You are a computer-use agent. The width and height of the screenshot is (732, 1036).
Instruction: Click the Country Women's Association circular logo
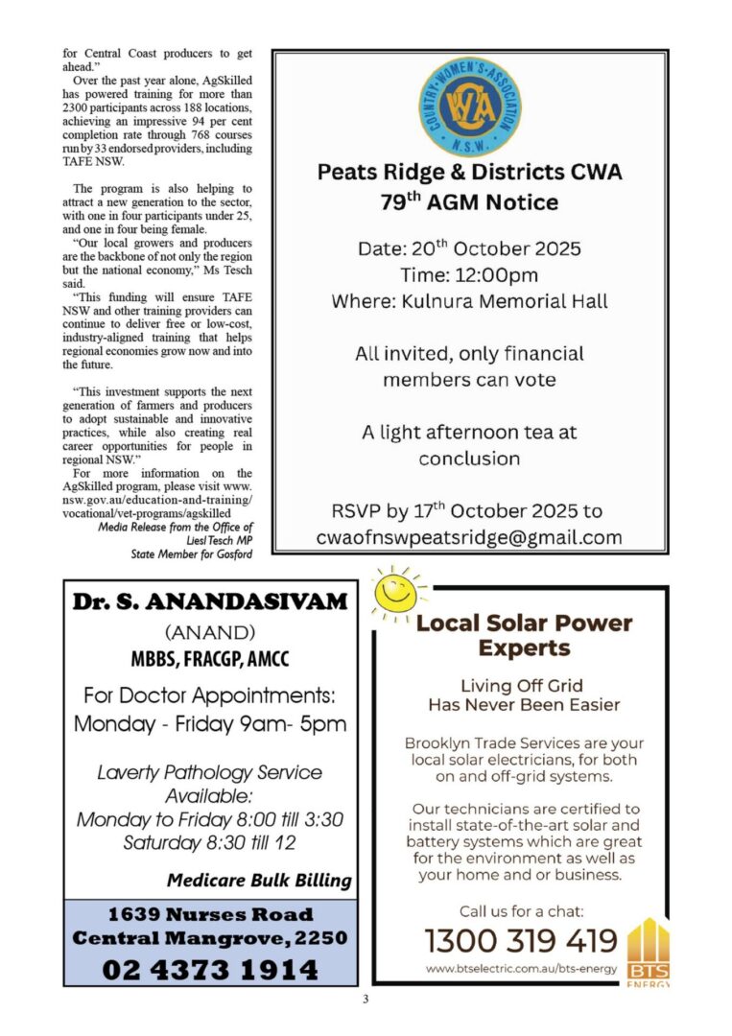470,106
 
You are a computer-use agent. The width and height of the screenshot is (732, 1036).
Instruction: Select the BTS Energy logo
648,954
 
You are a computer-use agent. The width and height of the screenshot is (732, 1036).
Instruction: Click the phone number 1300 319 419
521,939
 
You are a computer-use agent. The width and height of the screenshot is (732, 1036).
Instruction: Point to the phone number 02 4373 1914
210,969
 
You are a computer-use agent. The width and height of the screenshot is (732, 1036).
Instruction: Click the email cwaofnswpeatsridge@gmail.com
469,537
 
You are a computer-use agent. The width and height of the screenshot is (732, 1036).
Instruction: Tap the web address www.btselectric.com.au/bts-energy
521,969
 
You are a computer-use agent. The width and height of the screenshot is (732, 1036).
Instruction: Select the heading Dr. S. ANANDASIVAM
210,602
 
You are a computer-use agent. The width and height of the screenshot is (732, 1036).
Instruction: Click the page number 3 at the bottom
366,1000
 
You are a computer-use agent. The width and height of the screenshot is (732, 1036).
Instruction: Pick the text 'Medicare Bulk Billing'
259,880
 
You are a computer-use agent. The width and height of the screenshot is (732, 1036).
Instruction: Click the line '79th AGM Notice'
469,202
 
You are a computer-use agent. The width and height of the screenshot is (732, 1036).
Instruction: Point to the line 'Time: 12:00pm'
469,274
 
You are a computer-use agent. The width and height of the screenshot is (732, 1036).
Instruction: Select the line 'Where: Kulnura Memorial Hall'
469,300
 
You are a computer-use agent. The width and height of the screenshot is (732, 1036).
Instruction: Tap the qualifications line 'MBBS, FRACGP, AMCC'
210,660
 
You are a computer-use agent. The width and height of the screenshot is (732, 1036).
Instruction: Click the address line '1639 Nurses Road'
210,914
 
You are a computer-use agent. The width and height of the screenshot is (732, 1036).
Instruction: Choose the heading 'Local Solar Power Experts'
524,635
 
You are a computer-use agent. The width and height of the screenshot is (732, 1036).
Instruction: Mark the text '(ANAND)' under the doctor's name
210,633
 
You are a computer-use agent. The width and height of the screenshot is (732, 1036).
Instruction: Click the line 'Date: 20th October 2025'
469,247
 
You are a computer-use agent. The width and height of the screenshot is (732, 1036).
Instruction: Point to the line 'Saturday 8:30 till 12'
210,843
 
